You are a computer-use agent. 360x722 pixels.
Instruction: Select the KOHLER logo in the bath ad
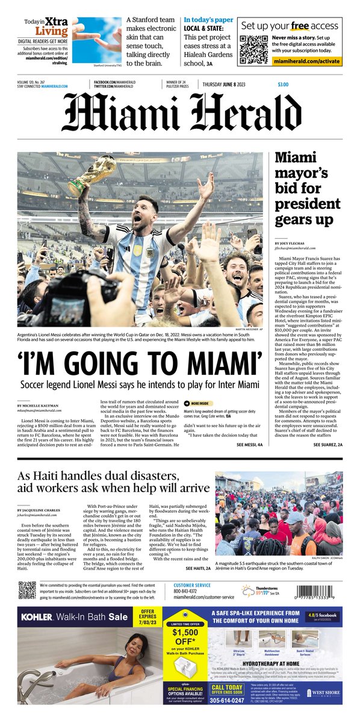click(x=39, y=617)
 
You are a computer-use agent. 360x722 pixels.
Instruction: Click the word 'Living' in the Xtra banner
click(x=51, y=31)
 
